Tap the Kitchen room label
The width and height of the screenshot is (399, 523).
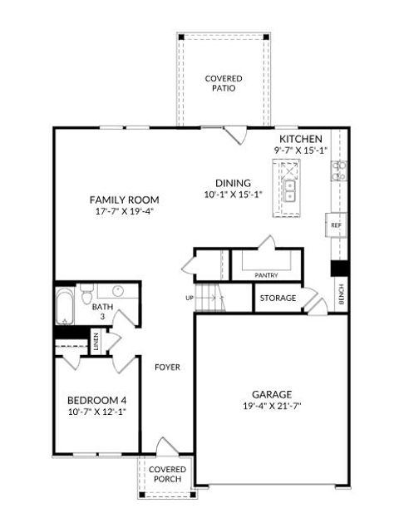[x=301, y=138]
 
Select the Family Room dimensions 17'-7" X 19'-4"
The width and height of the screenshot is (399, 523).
[x=124, y=211]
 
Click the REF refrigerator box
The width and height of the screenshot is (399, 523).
[x=336, y=225]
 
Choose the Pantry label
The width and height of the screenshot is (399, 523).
[x=266, y=275]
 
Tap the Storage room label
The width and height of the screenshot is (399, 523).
[x=278, y=298]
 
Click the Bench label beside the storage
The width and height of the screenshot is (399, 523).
[x=341, y=295]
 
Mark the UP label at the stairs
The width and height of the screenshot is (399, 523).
[x=190, y=298]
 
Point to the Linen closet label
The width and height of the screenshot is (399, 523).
[x=96, y=343]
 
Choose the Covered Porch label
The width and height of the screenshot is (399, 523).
[x=167, y=475]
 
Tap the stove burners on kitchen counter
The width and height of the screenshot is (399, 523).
[x=339, y=170]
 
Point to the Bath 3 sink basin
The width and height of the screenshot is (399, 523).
[x=117, y=292]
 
